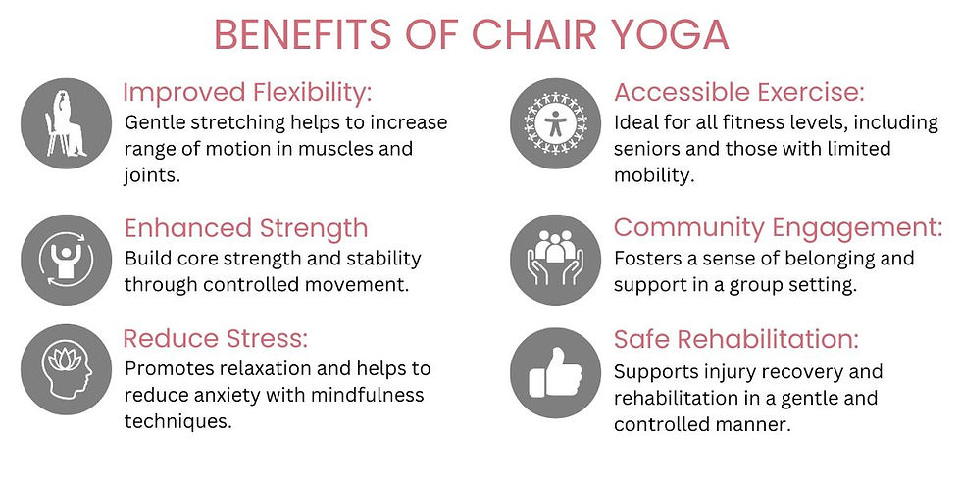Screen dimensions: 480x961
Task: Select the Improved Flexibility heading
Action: (248, 93)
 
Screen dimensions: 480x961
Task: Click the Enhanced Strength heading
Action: (246, 228)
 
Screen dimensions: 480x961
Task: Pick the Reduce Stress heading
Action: (216, 338)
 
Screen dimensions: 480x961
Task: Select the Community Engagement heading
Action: (778, 228)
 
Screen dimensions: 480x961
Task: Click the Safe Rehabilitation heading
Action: (736, 339)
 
